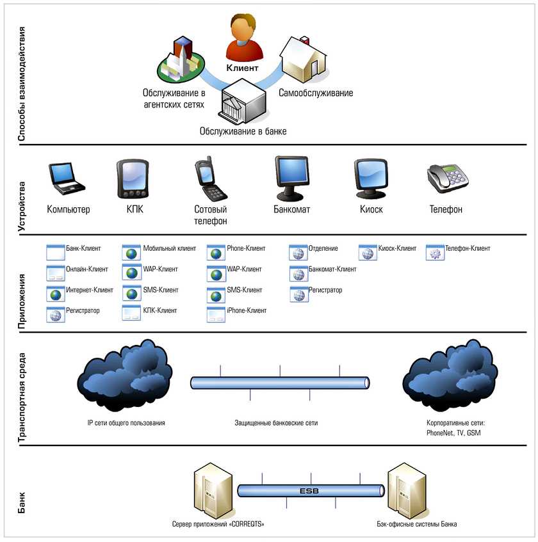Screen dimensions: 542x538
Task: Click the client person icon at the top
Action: coord(244,38)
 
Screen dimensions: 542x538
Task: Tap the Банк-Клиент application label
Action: coord(81,248)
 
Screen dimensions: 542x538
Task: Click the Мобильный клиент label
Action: coord(169,248)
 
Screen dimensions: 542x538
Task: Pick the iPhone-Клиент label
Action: coord(247,310)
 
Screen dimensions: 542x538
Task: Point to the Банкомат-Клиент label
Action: coord(332,269)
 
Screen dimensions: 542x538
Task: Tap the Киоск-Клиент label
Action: coord(397,248)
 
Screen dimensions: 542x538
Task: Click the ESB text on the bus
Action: coord(309,491)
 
